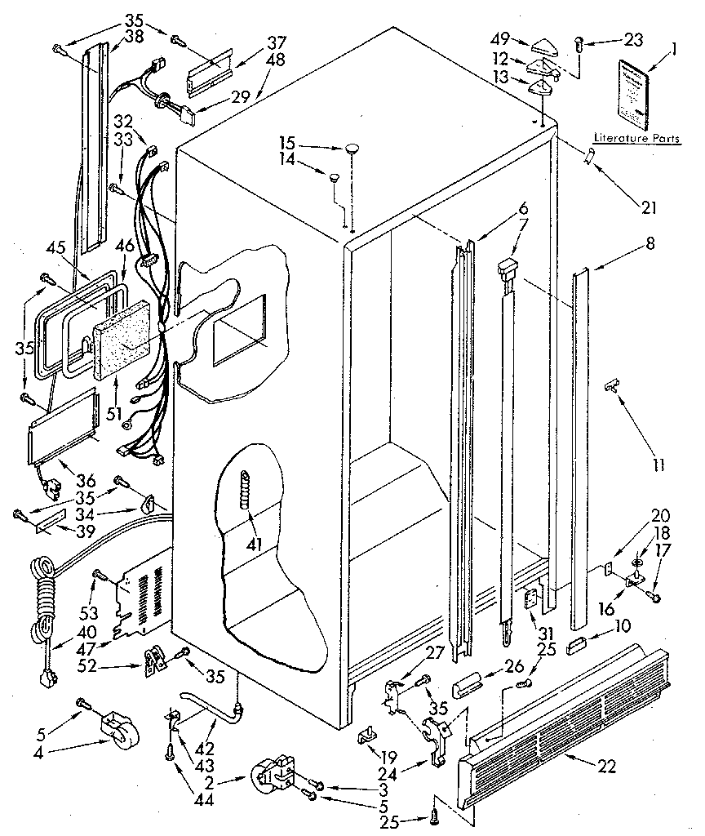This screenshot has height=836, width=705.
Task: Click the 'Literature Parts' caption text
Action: point(636,139)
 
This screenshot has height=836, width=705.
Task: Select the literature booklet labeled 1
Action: point(636,94)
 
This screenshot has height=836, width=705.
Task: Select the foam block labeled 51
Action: point(122,336)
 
